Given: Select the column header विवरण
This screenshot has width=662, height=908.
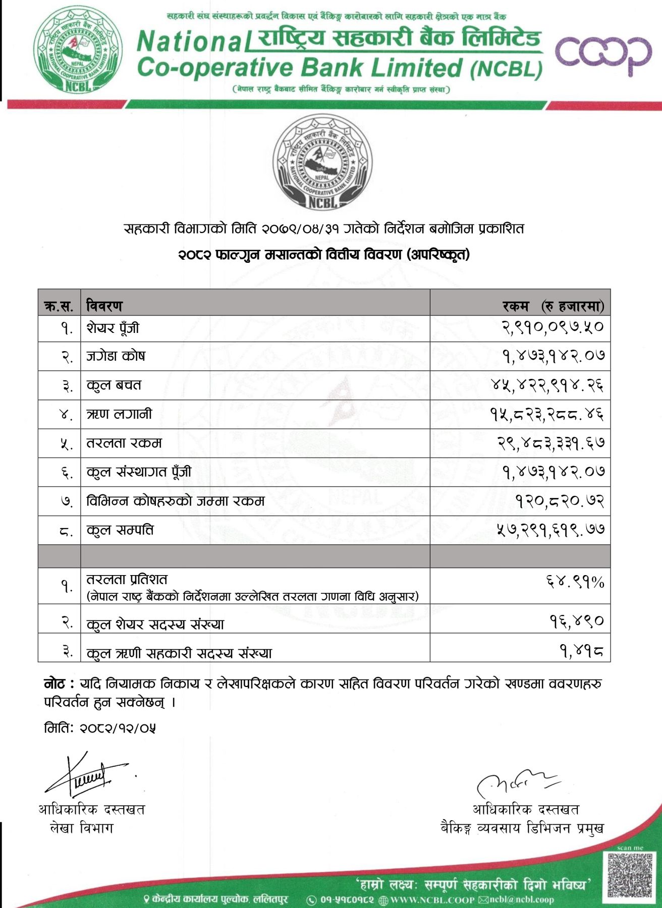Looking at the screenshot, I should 104,306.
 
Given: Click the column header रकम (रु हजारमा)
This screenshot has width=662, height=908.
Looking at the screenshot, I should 553,306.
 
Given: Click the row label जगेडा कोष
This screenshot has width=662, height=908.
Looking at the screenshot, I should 116,356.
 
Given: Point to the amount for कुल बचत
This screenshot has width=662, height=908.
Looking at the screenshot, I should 547,385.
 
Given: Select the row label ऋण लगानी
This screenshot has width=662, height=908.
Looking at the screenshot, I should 119,414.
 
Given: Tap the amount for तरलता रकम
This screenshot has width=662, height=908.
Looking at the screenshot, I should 550,443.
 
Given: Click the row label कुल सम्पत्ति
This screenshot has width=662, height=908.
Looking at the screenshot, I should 120,530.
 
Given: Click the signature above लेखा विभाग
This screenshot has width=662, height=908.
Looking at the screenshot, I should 86,774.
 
